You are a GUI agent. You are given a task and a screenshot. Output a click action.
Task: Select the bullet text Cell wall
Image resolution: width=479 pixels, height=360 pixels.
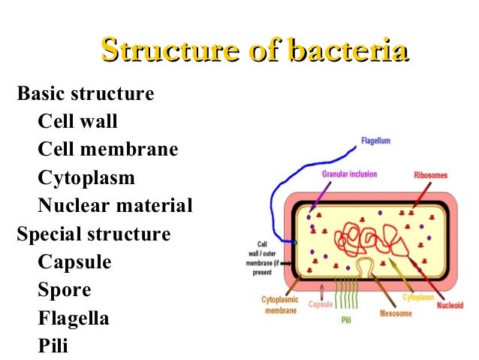coord(78,122)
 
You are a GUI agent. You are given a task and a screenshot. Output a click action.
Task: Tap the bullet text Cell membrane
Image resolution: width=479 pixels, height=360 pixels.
coord(108,150)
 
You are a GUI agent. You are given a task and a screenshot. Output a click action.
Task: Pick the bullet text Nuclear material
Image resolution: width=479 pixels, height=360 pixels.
coord(115,206)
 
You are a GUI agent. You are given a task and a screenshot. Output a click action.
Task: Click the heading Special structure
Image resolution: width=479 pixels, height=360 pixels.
coord(94,234)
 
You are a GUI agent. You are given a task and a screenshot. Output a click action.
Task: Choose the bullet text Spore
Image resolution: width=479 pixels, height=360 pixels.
coord(65,290)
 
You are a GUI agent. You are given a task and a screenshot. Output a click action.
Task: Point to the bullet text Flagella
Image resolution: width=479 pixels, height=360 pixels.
coord(74,318)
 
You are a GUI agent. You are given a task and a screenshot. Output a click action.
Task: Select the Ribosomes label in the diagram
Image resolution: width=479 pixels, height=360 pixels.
coord(430,175)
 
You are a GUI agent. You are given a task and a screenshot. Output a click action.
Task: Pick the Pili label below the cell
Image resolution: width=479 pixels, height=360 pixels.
coord(347,319)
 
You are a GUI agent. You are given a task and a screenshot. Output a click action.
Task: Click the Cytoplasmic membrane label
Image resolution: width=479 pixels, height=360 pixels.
coord(279,304)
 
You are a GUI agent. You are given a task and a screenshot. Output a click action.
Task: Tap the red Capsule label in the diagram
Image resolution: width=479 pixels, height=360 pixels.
coord(321,305)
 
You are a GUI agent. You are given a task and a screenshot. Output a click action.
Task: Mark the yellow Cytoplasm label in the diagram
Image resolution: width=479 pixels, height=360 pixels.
coord(418,298)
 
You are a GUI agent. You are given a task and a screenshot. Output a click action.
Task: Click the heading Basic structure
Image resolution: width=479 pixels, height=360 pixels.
coord(86,94)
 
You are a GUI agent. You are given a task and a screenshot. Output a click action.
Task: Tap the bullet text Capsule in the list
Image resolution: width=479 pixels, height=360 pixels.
coord(74,262)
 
